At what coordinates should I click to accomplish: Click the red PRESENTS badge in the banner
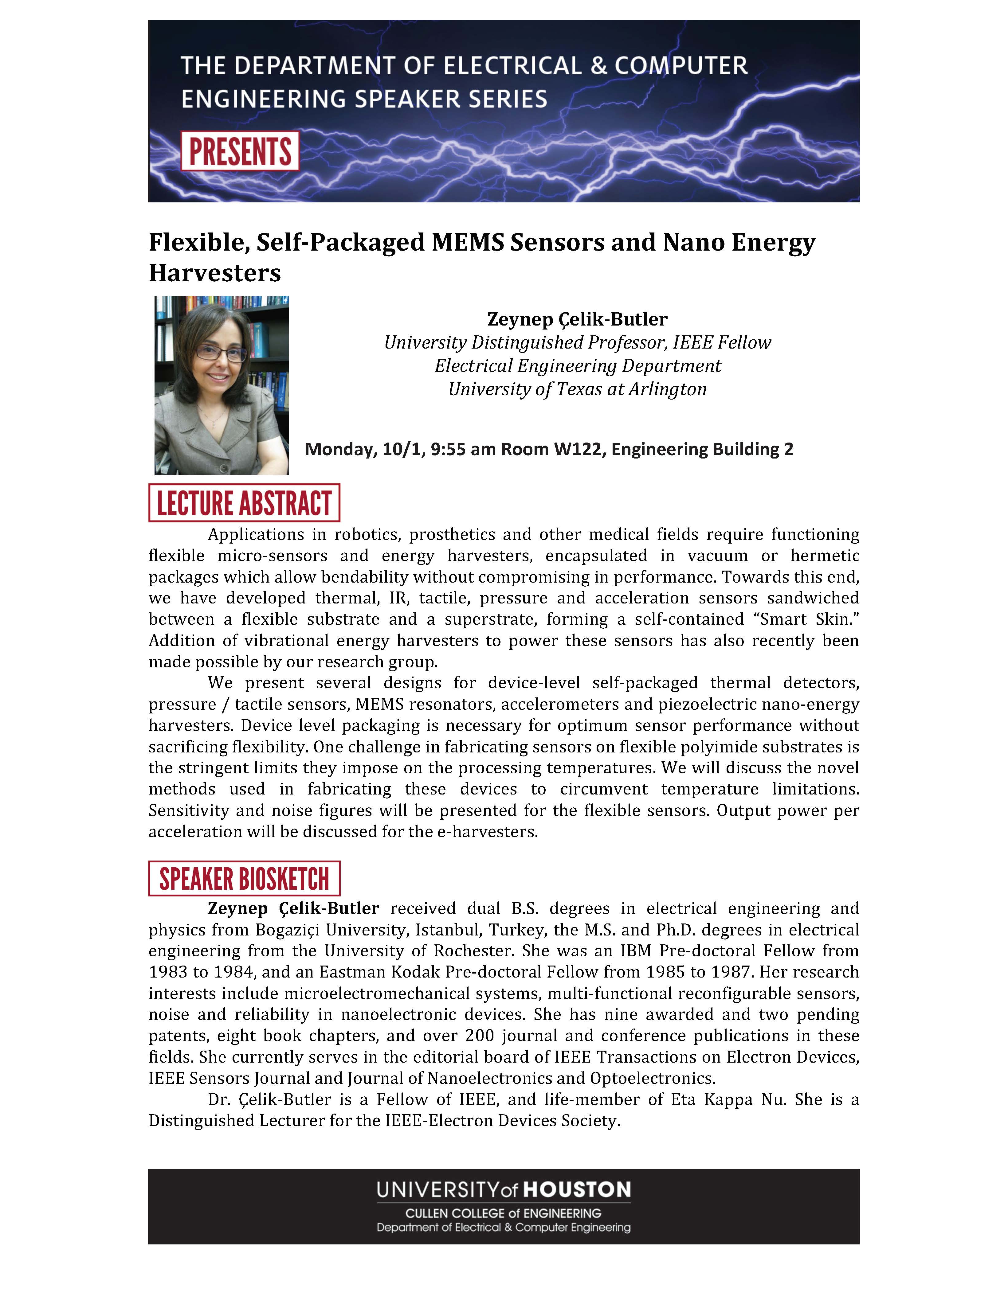click(240, 152)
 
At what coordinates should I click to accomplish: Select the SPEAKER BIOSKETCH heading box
click(244, 878)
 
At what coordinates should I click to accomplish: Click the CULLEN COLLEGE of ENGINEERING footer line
click(504, 1213)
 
